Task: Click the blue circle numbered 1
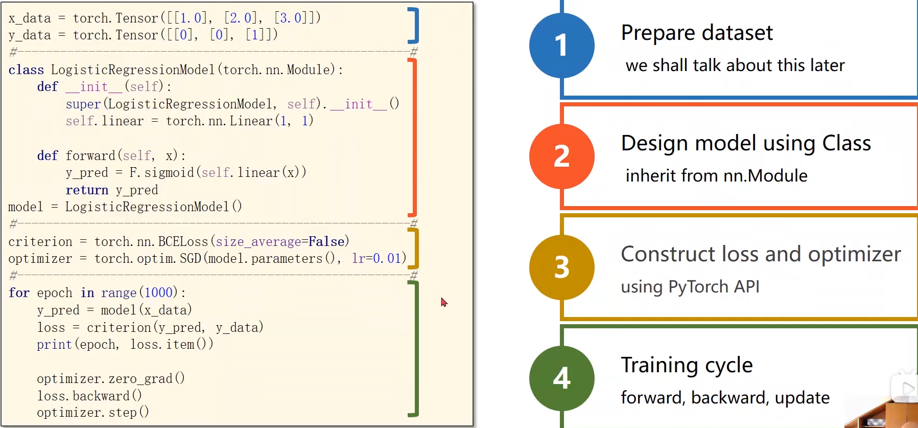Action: tap(561, 46)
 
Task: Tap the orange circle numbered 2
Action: tap(561, 156)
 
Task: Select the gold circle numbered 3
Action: tap(561, 267)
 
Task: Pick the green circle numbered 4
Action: tap(561, 378)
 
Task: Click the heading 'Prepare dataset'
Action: tap(696, 33)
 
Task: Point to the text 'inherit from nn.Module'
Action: tap(716, 176)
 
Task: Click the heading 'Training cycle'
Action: tap(687, 365)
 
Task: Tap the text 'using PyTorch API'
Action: tap(690, 287)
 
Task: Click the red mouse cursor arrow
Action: tap(443, 302)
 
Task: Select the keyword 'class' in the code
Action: tap(26, 70)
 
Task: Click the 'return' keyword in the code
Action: tap(87, 190)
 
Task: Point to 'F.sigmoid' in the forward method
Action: tap(161, 173)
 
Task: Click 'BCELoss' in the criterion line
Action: tap(183, 241)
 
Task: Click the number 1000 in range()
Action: tap(158, 293)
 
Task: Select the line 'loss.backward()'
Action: tap(89, 396)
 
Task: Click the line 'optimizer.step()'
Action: tap(92, 413)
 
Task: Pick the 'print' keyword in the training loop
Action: tap(54, 345)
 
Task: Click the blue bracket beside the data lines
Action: tap(415, 26)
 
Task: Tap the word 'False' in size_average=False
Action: tap(326, 241)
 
